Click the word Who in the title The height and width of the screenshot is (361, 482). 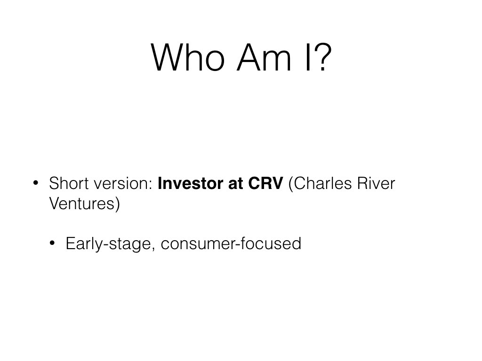tap(188, 57)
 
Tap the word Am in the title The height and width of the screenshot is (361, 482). tap(264, 57)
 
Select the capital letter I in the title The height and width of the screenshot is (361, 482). tap(308, 57)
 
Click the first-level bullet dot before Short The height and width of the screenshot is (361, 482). tap(36, 183)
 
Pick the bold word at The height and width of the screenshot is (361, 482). tap(236, 184)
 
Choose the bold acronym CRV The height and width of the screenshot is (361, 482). tap(265, 183)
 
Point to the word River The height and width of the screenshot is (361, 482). tap(376, 183)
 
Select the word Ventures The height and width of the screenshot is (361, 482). tap(82, 203)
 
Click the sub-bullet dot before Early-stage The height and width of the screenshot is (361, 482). tap(52, 243)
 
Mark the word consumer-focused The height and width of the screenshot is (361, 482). tap(231, 243)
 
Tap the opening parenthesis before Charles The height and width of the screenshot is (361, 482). tap(291, 184)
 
